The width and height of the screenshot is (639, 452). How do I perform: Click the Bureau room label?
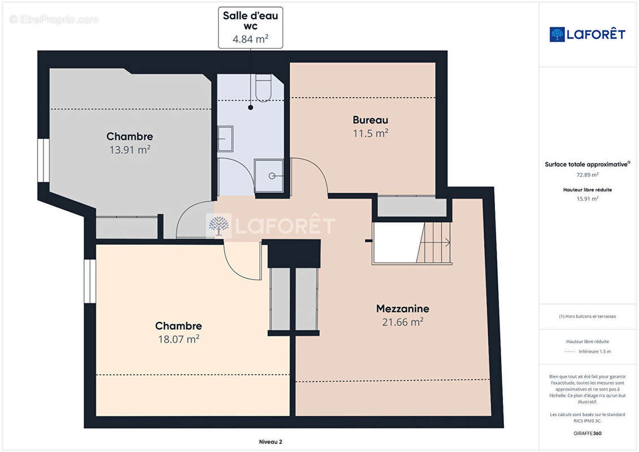371,120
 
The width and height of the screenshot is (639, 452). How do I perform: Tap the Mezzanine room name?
403,308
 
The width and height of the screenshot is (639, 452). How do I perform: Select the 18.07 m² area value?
179,339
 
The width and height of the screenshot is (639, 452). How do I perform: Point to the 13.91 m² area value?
130,150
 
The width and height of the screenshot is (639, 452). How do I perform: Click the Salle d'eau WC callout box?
251,27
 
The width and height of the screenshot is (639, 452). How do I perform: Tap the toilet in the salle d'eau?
263,87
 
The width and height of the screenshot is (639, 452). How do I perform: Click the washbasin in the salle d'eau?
225,138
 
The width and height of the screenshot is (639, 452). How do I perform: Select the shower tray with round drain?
269,176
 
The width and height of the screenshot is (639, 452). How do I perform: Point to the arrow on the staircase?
447,242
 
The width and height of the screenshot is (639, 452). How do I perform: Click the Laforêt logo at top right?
587,34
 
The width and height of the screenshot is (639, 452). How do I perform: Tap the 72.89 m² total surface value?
587,175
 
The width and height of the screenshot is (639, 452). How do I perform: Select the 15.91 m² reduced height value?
587,199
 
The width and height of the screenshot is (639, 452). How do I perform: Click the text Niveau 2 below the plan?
271,442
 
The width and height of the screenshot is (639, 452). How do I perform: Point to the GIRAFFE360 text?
587,433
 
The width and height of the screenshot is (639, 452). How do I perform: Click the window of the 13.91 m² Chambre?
43,160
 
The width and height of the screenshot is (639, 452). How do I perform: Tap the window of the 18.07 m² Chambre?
90,281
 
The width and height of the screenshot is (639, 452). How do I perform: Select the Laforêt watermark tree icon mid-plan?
219,226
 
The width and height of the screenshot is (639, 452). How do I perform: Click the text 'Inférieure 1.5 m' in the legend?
594,351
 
